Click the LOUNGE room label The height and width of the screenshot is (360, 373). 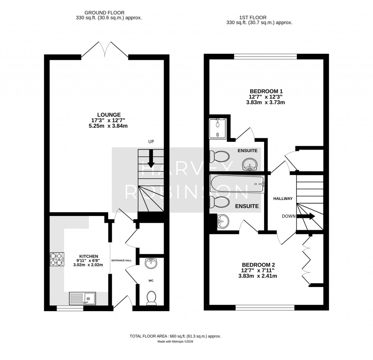coord(109,115)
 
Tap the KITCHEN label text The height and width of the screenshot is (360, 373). coord(89,256)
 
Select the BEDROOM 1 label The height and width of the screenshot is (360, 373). coord(266,91)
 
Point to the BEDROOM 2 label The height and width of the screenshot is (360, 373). coord(258,265)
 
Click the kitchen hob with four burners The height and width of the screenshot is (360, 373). coord(57,259)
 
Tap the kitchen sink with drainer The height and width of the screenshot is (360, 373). coord(82,298)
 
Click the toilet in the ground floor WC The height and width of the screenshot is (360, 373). coord(151,298)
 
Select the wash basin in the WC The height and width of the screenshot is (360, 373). coord(151,263)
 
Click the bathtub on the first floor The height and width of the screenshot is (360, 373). coord(237,184)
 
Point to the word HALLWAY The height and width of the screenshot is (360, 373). coord(283,198)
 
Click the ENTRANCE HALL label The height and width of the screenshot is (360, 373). coord(122,260)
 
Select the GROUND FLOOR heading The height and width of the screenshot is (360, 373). coord(105,13)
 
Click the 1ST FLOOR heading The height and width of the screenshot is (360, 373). coord(253,18)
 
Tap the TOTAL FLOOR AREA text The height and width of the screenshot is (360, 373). coord(175,336)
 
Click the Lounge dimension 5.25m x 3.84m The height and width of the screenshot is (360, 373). coord(108,126)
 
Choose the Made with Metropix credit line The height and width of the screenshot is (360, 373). coord(175,341)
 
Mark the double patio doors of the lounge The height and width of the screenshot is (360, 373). coord(105,50)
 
